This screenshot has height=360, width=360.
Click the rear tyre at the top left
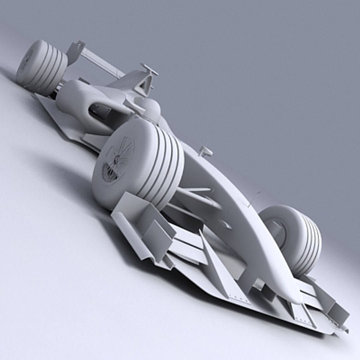coord(42,67)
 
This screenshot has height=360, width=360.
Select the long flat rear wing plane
coord(100,62)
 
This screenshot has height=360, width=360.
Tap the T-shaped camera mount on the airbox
coord(149,69)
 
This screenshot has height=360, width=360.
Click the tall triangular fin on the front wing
coord(213,263)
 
